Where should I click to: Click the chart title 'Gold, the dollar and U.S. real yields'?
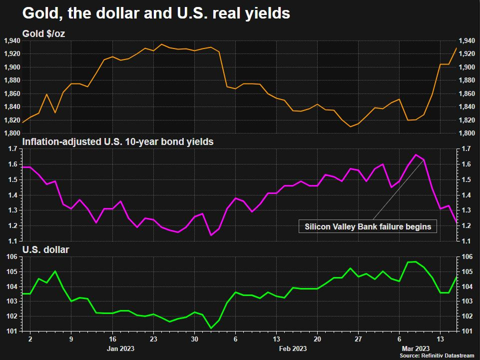pyautogui.click(x=156, y=13)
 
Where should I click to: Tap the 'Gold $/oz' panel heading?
pyautogui.click(x=43, y=34)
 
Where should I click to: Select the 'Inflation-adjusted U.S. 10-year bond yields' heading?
pyautogui.click(x=118, y=141)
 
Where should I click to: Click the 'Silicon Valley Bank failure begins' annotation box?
pyautogui.click(x=368, y=226)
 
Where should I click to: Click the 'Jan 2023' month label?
pyautogui.click(x=121, y=348)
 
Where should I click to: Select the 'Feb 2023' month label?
pyautogui.click(x=293, y=348)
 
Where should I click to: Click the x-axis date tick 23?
pyautogui.click(x=153, y=338)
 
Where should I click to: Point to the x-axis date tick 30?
pyautogui.click(x=194, y=338)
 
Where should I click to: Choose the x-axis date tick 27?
pyautogui.click(x=359, y=338)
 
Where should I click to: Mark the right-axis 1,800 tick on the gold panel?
pyautogui.click(x=469, y=133)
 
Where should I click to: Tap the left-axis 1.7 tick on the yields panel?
pyautogui.click(x=13, y=148)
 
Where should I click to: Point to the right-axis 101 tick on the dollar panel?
pyautogui.click(x=467, y=331)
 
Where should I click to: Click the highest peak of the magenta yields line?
pyautogui.click(x=416, y=154)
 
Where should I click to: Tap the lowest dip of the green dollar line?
pyautogui.click(x=211, y=328)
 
